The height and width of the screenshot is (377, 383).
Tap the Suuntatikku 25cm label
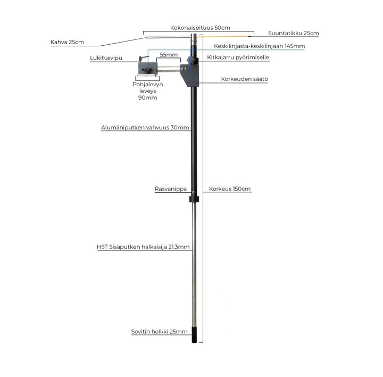tap(294, 33)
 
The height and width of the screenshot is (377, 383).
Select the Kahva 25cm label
tap(67, 42)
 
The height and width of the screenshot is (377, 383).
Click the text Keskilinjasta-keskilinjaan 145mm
tap(259, 46)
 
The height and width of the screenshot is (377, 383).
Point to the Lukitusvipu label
tap(104, 57)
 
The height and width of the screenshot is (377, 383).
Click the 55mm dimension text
tap(168, 55)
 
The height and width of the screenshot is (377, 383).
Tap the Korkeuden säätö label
tap(245, 79)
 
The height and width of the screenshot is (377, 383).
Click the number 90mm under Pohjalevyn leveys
tap(147, 98)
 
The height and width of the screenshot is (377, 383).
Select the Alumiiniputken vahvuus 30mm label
tap(145, 128)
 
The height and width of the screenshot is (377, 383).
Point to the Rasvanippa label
tap(166, 188)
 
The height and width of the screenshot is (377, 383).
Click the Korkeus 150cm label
tap(230, 188)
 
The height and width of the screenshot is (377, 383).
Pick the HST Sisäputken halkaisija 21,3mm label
tap(143, 247)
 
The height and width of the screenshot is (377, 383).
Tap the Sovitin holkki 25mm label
tap(159, 332)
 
